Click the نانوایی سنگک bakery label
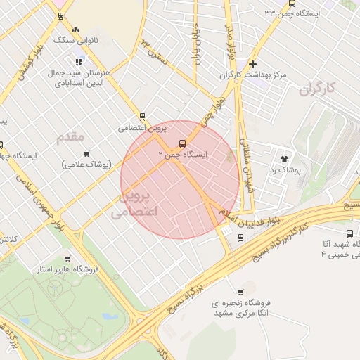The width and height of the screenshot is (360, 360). click(x=76, y=42)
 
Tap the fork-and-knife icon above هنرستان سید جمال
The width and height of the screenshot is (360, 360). click(x=79, y=62)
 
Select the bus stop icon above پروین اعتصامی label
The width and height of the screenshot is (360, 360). click(x=143, y=117)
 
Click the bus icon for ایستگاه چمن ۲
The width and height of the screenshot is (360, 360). click(x=184, y=141)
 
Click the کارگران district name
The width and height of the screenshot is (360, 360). click(x=319, y=89)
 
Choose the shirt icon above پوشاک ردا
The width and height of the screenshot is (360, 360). click(x=285, y=159)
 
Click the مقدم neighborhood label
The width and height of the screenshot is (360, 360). click(x=70, y=135)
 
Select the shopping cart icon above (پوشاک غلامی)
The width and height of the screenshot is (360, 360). click(x=86, y=153)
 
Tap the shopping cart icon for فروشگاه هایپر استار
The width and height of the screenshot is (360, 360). click(x=67, y=257)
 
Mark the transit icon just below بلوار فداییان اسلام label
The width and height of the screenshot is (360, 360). click(x=241, y=238)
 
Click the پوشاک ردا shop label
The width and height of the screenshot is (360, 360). click(x=285, y=170)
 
